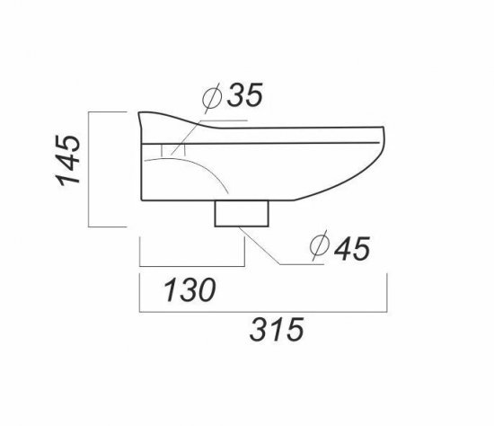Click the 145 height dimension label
click(68, 160)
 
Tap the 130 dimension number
click(190, 289)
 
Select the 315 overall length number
click(277, 330)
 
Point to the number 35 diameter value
click(245, 94)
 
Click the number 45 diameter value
click(352, 248)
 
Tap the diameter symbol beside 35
click(212, 97)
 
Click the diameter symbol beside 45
click(320, 245)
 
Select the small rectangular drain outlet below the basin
click(242, 214)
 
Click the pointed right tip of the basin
click(384, 127)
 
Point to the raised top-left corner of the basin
click(139, 113)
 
